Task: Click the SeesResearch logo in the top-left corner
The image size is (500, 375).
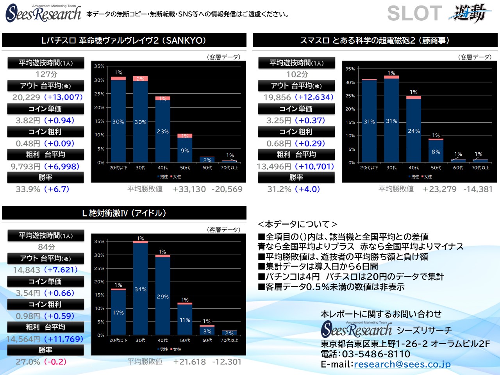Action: pyautogui.click(x=43, y=13)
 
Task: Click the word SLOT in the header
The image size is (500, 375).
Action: pyautogui.click(x=414, y=13)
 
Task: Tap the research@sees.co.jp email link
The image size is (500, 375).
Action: pyautogui.click(x=402, y=364)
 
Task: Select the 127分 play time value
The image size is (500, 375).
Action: pyautogui.click(x=46, y=74)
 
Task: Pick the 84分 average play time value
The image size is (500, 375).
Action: pyautogui.click(x=46, y=247)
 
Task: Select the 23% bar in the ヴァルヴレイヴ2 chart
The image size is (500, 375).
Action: pyautogui.click(x=162, y=131)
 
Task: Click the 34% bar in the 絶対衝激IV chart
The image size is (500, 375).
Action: pyautogui.click(x=140, y=289)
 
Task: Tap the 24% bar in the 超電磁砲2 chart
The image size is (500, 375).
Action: pyautogui.click(x=414, y=131)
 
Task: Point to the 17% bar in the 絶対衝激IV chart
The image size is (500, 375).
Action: pyautogui.click(x=118, y=312)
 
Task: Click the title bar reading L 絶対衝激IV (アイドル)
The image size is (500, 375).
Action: pyautogui.click(x=124, y=213)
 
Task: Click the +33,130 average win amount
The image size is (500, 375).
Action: pyautogui.click(x=189, y=189)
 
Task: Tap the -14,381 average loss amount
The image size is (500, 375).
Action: pyautogui.click(x=478, y=189)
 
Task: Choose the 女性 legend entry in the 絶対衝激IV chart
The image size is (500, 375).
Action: pyautogui.click(x=175, y=349)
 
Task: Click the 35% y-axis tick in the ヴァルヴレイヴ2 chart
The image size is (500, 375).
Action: pyautogui.click(x=99, y=66)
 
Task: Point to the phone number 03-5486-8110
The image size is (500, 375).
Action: pyautogui.click(x=376, y=354)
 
